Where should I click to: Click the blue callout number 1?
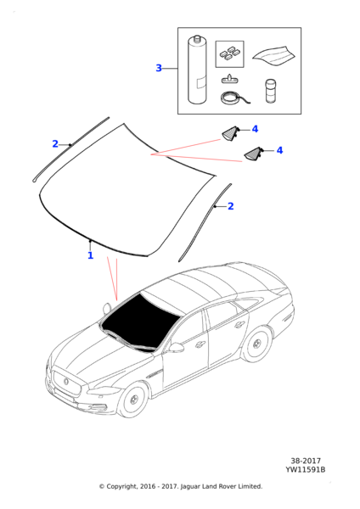pos(90,255)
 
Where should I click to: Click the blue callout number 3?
pos(159,68)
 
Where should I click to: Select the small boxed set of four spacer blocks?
pos(229,54)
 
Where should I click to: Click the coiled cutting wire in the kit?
pos(231,98)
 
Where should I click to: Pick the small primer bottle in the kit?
pos(270,91)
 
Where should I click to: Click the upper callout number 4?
pos(255,129)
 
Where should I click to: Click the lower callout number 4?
pos(279,150)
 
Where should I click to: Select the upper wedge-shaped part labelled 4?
pos(231,131)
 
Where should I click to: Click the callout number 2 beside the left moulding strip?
pos(55,144)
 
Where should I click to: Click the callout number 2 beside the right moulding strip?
pos(230,205)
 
